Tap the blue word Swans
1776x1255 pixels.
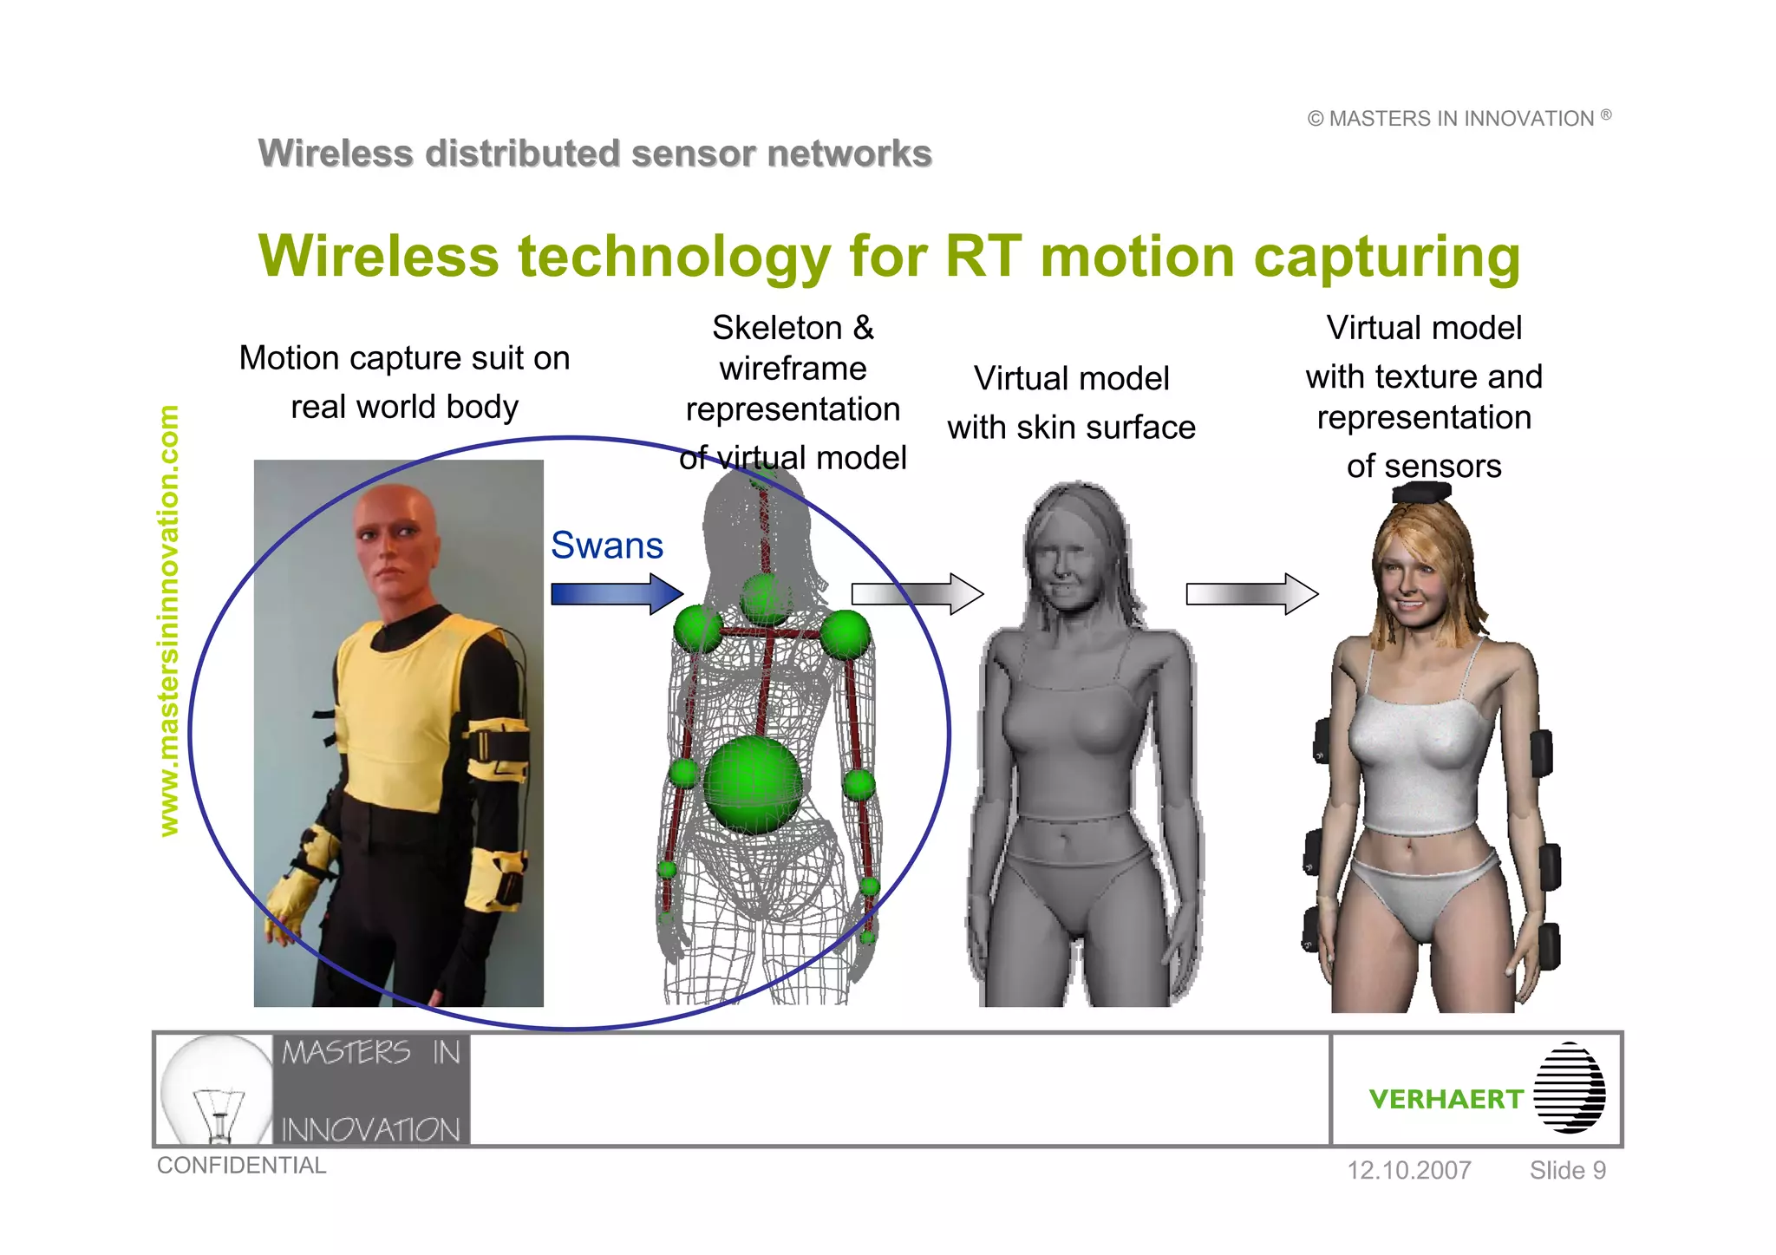pyautogui.click(x=607, y=546)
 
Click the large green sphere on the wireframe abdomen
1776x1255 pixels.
pyautogui.click(x=753, y=785)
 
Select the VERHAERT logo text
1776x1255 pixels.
pyautogui.click(x=1446, y=1099)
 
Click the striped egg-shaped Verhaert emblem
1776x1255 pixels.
pyautogui.click(x=1569, y=1088)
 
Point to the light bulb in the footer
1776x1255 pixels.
pyautogui.click(x=217, y=1089)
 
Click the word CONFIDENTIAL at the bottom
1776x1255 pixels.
pyautogui.click(x=241, y=1166)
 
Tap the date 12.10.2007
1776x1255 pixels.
pyautogui.click(x=1408, y=1170)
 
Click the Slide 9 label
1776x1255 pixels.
pyautogui.click(x=1567, y=1170)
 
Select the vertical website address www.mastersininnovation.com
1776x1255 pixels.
pyautogui.click(x=169, y=621)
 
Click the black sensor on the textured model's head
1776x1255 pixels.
pyautogui.click(x=1421, y=493)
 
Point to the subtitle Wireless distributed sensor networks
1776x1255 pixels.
pyautogui.click(x=595, y=154)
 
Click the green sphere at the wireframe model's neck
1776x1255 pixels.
pyautogui.click(x=765, y=598)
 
